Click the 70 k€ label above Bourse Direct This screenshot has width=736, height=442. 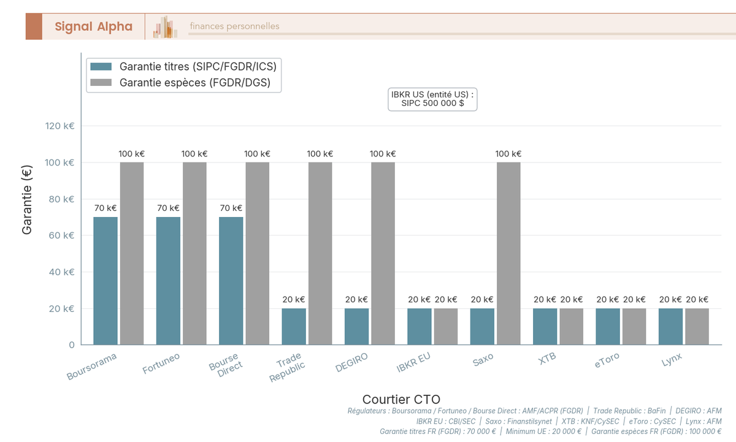pyautogui.click(x=231, y=208)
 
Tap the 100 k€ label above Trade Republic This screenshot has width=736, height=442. pyautogui.click(x=320, y=154)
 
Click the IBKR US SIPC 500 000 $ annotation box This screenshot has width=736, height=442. pyautogui.click(x=432, y=99)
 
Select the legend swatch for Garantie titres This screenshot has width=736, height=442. pyautogui.click(x=101, y=66)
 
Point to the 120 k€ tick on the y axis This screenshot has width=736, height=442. pyautogui.click(x=60, y=126)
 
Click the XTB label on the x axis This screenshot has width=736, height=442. pyautogui.click(x=547, y=359)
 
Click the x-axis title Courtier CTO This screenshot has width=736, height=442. pyautogui.click(x=401, y=399)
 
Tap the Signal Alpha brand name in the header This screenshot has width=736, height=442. pyautogui.click(x=93, y=26)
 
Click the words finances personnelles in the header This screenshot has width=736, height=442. pyautogui.click(x=234, y=26)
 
